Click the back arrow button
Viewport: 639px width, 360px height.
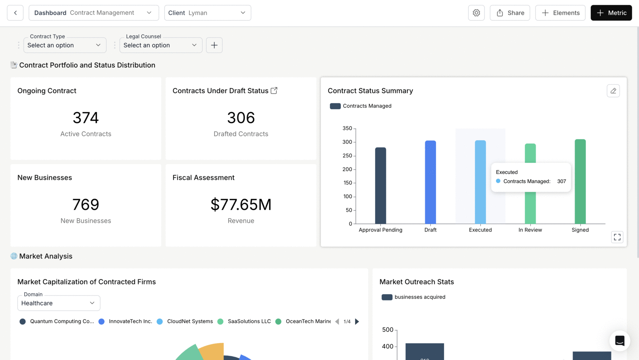(15, 13)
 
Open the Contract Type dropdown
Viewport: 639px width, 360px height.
(65, 45)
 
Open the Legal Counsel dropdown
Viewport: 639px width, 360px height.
(161, 45)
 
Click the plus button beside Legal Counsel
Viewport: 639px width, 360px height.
(214, 45)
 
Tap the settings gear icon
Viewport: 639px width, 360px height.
(476, 13)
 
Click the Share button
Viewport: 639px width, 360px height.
(510, 13)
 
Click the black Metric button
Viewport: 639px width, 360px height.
(611, 13)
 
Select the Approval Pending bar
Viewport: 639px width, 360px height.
(380, 186)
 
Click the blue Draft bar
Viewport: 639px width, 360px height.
(430, 182)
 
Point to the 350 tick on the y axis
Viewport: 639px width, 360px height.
(347, 128)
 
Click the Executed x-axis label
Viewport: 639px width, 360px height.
(480, 230)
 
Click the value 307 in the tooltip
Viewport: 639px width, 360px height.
(561, 181)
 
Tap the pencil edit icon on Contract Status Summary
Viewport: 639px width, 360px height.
(613, 91)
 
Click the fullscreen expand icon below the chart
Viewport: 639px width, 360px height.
(617, 237)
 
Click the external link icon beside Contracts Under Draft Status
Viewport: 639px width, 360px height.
(274, 90)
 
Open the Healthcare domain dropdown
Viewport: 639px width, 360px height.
(59, 303)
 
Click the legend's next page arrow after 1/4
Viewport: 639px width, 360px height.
(357, 322)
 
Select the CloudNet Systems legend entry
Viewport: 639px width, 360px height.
(185, 322)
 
